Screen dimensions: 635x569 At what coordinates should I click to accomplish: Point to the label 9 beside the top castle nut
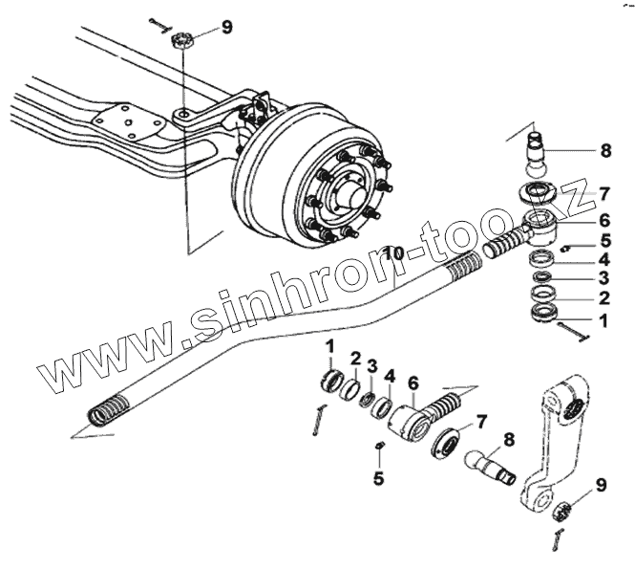pos(226,28)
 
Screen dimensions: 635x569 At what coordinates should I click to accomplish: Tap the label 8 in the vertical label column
pos(604,150)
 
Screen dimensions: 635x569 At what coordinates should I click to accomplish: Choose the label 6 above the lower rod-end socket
pos(413,383)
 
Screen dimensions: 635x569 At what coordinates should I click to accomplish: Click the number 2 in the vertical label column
pos(604,298)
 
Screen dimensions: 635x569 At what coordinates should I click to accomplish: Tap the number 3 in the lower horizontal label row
pos(372,367)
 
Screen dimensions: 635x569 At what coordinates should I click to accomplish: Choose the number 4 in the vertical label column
pos(604,258)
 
